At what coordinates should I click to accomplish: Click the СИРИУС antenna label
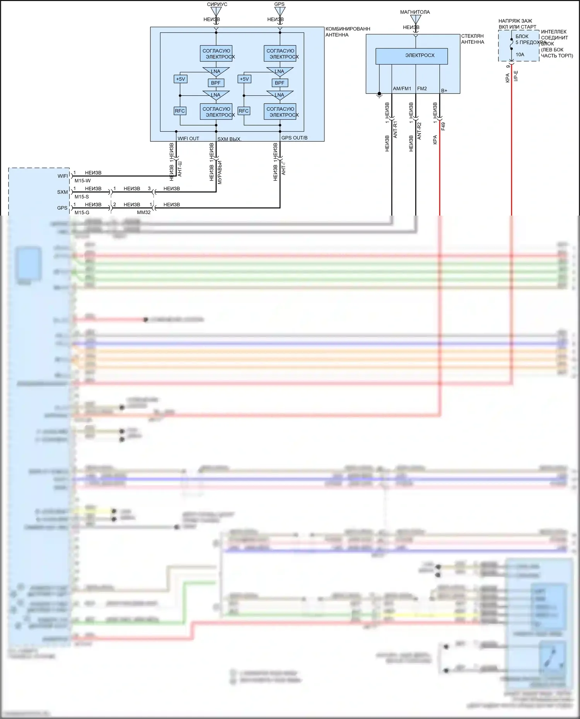[x=217, y=4]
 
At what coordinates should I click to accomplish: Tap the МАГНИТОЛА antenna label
[x=415, y=12]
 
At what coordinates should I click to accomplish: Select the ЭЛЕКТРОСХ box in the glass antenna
[x=411, y=56]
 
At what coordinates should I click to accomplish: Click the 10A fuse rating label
[x=520, y=54]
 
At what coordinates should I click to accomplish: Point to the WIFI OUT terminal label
[x=188, y=138]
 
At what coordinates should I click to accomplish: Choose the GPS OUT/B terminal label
[x=294, y=138]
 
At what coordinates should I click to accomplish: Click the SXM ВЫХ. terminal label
[x=229, y=139]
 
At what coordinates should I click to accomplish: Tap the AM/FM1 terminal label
[x=402, y=88]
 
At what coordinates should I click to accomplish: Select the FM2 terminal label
[x=422, y=88]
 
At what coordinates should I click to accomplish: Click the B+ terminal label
[x=444, y=90]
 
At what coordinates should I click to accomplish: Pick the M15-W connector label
[x=82, y=180]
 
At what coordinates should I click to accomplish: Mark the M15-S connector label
[x=82, y=197]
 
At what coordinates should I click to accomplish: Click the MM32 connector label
[x=144, y=212]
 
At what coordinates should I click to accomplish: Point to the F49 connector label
[x=443, y=126]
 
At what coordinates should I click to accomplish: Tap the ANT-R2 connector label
[x=419, y=131]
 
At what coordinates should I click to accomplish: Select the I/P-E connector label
[x=516, y=76]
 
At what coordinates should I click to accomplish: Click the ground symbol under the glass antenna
[x=379, y=95]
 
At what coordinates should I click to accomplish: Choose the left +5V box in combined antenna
[x=181, y=79]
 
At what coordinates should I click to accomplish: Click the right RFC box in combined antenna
[x=244, y=111]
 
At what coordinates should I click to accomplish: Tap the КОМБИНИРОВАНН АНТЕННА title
[x=348, y=32]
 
